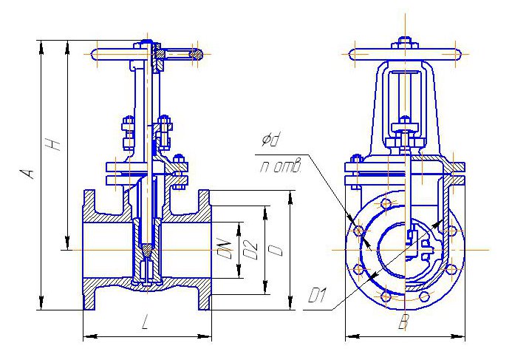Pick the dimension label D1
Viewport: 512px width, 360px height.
click(317, 296)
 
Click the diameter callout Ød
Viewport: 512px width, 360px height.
click(270, 140)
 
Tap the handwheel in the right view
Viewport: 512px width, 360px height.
click(405, 55)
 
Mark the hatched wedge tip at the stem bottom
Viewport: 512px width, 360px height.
click(149, 250)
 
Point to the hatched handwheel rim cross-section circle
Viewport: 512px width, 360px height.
click(196, 54)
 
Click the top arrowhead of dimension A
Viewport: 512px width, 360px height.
click(41, 46)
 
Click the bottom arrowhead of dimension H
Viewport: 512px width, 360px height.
click(67, 244)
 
